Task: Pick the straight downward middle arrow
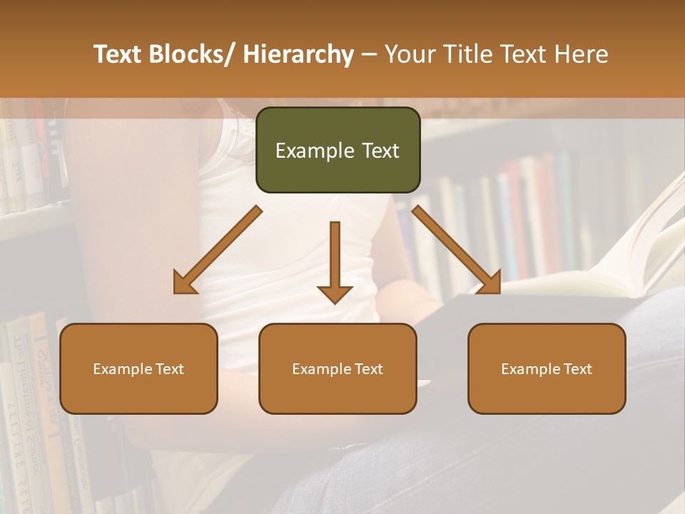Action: [x=335, y=257]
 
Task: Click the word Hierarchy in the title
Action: [x=298, y=54]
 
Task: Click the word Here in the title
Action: [x=582, y=54]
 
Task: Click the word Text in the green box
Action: [x=380, y=151]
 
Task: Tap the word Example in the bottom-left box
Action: [x=122, y=369]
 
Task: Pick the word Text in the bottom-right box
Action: [x=578, y=369]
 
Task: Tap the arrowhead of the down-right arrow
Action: [x=490, y=283]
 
